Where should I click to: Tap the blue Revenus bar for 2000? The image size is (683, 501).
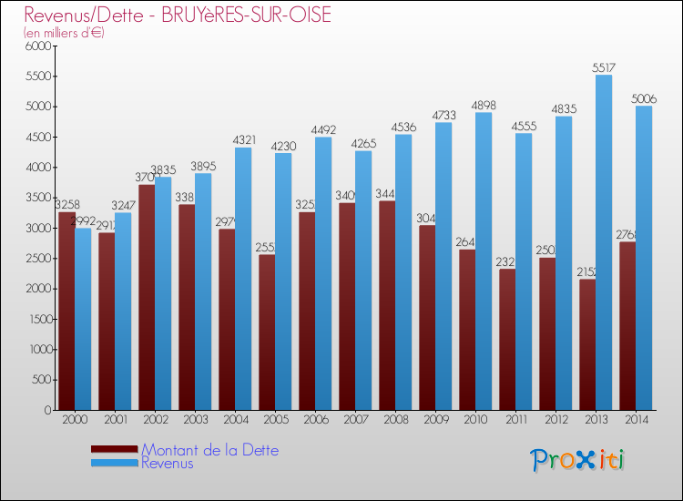pyautogui.click(x=83, y=319)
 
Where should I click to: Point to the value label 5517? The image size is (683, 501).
pyautogui.click(x=603, y=67)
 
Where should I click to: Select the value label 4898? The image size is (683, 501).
pyautogui.click(x=483, y=105)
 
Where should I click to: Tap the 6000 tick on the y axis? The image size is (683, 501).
pyautogui.click(x=37, y=46)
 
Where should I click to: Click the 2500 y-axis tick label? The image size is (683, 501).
pyautogui.click(x=37, y=259)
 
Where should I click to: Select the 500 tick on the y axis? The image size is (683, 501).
pyautogui.click(x=41, y=380)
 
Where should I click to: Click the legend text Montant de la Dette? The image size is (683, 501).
pyautogui.click(x=209, y=450)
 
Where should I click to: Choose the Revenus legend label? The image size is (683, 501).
pyautogui.click(x=168, y=464)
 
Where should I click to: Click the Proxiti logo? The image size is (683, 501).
pyautogui.click(x=577, y=460)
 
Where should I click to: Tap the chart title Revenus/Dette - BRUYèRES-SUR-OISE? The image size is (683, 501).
pyautogui.click(x=178, y=15)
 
